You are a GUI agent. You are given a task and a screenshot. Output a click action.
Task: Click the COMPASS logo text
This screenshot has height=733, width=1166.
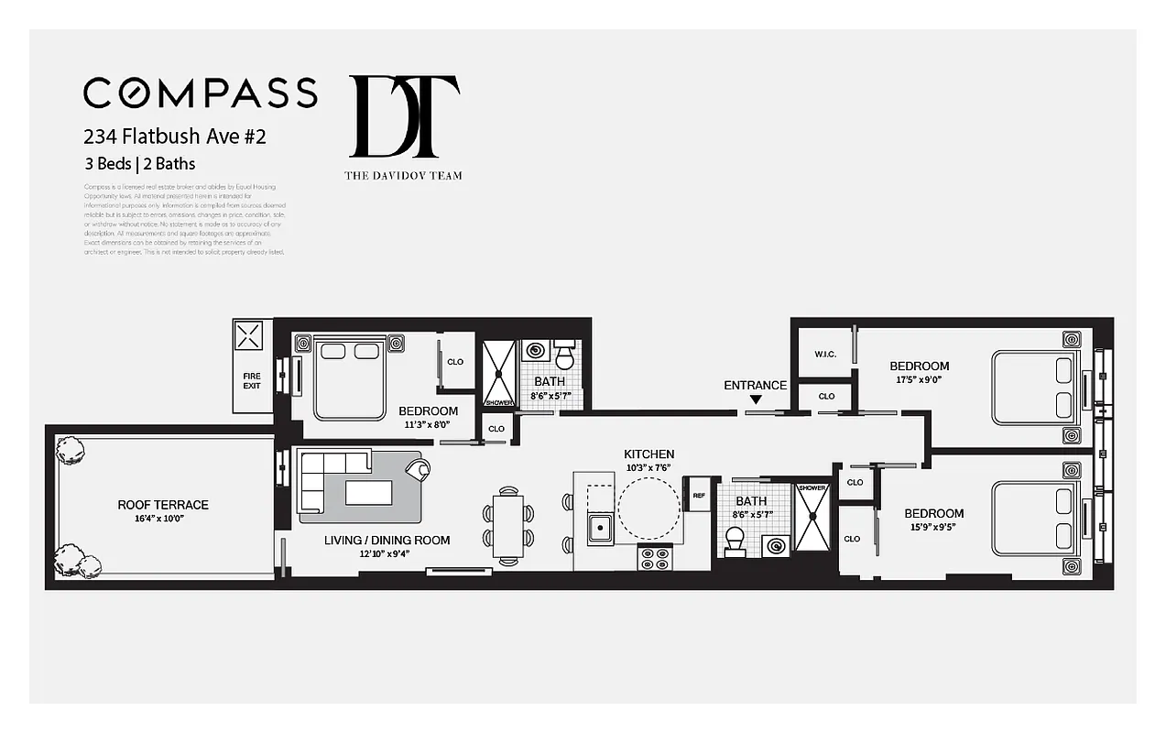(200, 93)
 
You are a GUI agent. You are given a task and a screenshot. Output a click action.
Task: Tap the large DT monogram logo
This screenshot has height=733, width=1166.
(404, 116)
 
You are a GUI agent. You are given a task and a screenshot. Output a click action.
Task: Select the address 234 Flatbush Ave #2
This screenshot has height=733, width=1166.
(175, 137)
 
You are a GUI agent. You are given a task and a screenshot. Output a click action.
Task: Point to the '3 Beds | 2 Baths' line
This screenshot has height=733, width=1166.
(139, 164)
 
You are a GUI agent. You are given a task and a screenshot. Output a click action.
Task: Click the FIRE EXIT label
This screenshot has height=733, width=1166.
(252, 380)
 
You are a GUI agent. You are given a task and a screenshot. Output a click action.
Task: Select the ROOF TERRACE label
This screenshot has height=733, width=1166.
(163, 505)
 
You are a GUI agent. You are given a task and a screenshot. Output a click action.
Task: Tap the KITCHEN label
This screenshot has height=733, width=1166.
(648, 454)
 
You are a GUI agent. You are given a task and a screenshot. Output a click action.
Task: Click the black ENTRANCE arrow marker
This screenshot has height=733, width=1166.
(756, 399)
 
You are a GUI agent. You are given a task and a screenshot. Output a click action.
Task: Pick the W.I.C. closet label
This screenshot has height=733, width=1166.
(825, 355)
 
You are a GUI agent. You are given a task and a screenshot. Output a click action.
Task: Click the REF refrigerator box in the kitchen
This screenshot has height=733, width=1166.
(699, 495)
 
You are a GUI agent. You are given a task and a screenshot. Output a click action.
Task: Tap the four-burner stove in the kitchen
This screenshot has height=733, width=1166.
(655, 557)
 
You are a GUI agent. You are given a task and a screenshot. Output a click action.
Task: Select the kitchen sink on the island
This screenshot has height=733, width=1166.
(601, 528)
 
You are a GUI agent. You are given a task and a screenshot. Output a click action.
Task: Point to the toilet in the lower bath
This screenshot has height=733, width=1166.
(735, 542)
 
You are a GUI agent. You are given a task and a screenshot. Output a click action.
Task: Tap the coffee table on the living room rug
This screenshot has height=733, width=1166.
(368, 493)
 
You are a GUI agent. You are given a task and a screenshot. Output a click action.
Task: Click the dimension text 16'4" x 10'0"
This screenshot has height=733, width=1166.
(163, 519)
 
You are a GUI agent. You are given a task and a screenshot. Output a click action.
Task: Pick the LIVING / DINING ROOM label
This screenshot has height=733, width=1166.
(387, 540)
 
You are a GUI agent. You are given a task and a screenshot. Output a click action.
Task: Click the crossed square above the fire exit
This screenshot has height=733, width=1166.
(249, 334)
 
